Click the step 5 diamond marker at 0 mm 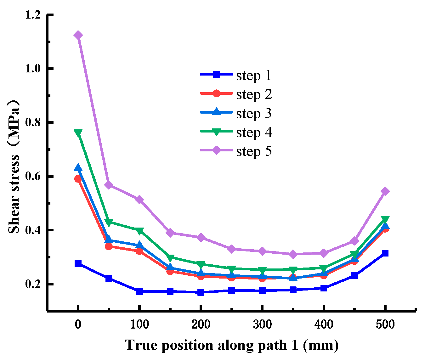click(78, 35)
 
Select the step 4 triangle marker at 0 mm click(78, 133)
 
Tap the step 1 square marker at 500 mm click(385, 253)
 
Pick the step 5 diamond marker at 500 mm click(385, 191)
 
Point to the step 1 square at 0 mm click(78, 263)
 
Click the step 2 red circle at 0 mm click(78, 179)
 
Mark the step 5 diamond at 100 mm click(139, 200)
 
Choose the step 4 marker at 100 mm click(139, 231)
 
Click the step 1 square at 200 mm click(201, 292)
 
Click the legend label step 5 click(253, 151)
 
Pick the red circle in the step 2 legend click(216, 93)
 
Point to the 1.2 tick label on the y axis click(34, 15)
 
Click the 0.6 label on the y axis click(34, 177)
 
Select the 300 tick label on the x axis click(262, 324)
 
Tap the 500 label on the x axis click(385, 324)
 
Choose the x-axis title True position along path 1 click(232, 345)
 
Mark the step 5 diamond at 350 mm click(293, 254)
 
